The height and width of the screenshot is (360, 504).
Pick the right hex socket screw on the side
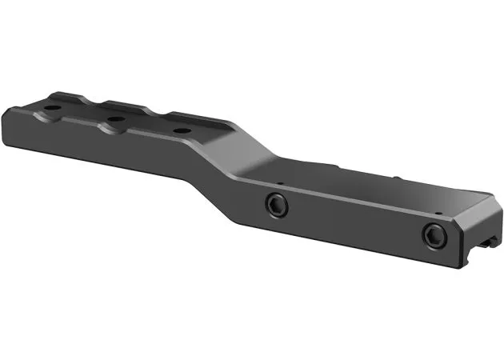(433, 234)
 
